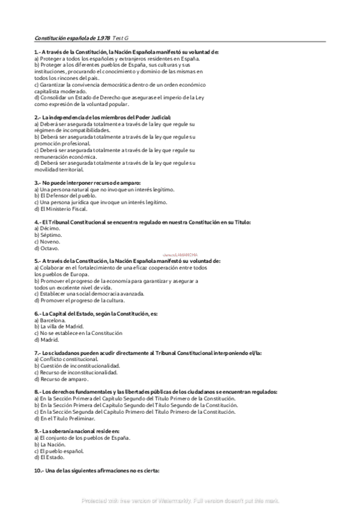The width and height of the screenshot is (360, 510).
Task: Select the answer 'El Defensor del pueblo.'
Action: coord(64,195)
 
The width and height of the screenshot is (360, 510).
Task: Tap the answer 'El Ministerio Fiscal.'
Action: coord(63,209)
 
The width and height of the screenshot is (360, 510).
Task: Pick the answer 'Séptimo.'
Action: coord(49,235)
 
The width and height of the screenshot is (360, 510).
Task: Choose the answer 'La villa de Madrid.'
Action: coord(58,327)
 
